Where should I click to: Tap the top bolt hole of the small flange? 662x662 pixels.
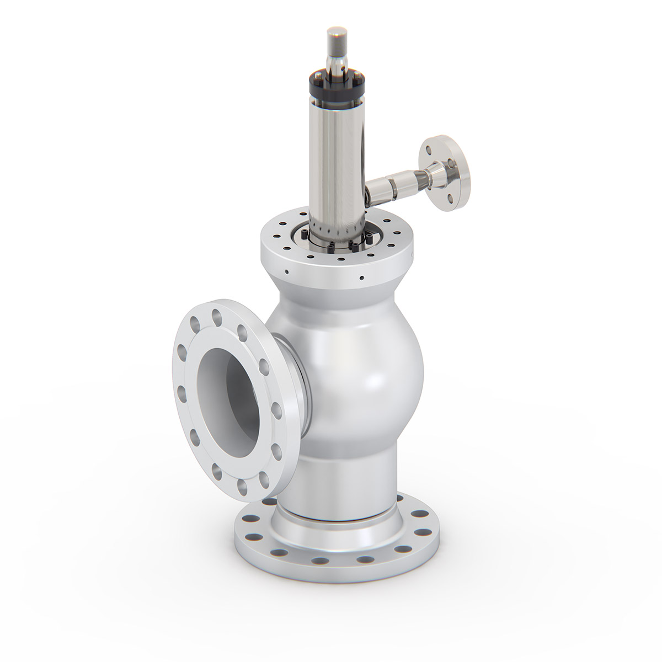coord(429,147)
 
